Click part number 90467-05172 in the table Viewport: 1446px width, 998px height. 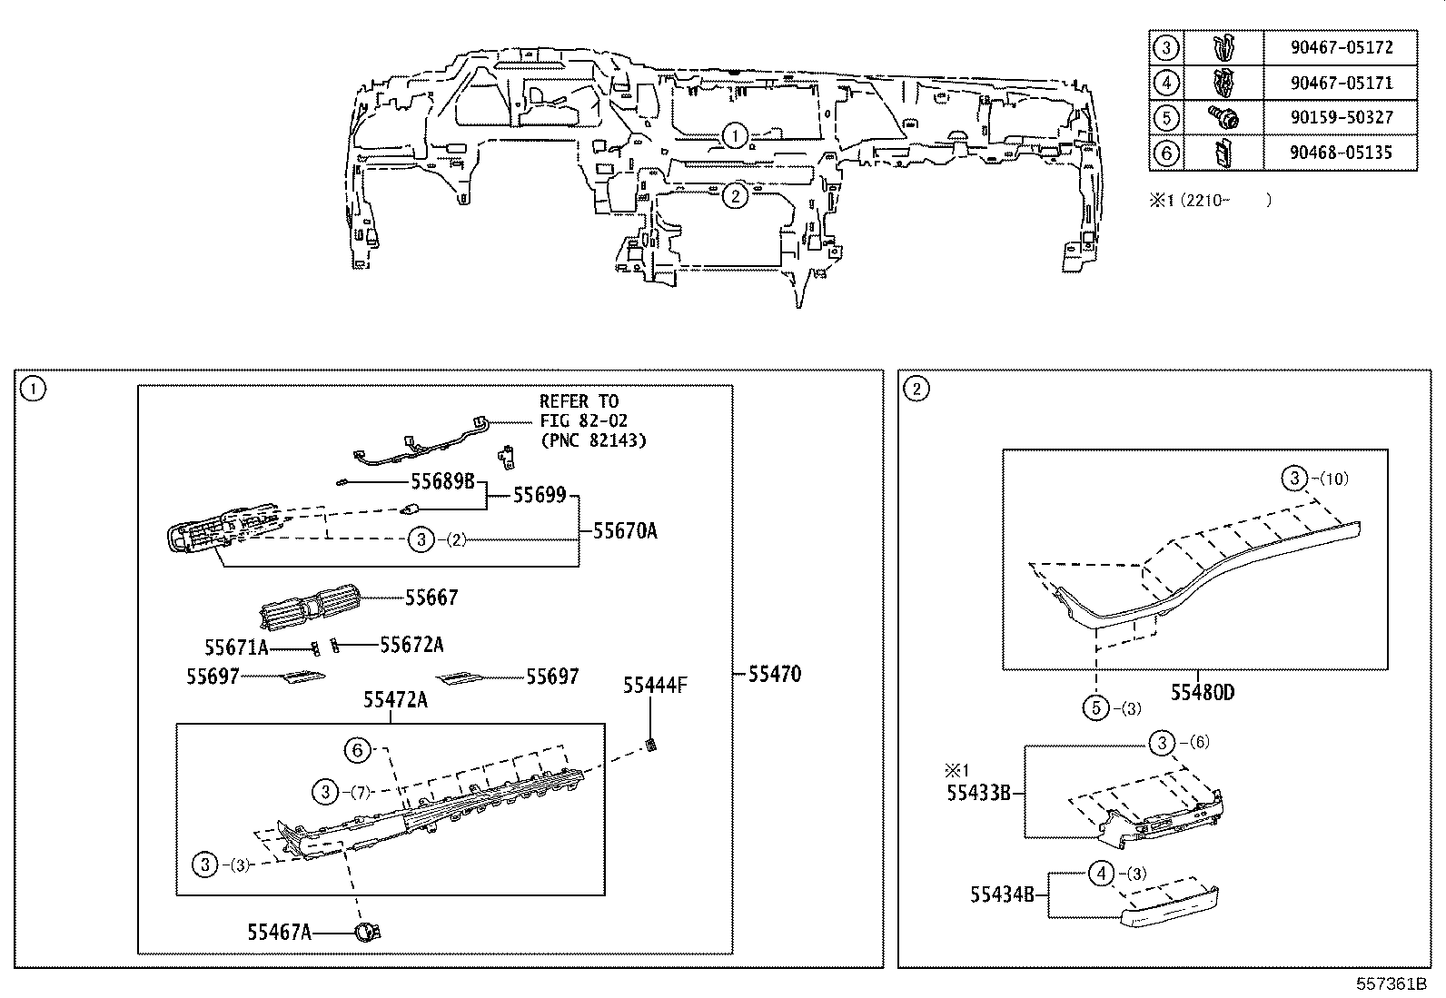tap(1341, 47)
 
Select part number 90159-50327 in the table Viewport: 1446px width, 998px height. tap(1341, 117)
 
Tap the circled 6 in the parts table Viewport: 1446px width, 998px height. tap(1166, 153)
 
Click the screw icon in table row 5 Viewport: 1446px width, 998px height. tap(1223, 117)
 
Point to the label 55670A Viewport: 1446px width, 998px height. tap(625, 531)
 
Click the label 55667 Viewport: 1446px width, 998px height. tap(431, 598)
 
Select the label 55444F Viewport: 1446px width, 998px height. tap(654, 686)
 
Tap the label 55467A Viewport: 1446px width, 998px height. tap(279, 931)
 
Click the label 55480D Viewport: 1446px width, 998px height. tap(1202, 693)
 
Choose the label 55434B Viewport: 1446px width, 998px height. tap(1002, 894)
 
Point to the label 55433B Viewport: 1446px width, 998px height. tap(978, 792)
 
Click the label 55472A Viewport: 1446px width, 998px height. tap(395, 700)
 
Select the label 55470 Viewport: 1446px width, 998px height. tap(775, 675)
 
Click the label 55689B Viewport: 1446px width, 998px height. tap(442, 480)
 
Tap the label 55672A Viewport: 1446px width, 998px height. tap(411, 645)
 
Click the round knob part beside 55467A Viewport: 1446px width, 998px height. tap(366, 931)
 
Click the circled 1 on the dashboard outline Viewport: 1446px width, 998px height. tap(735, 136)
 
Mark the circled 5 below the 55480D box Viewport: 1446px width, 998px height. tap(1098, 707)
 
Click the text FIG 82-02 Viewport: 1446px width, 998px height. tap(583, 420)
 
